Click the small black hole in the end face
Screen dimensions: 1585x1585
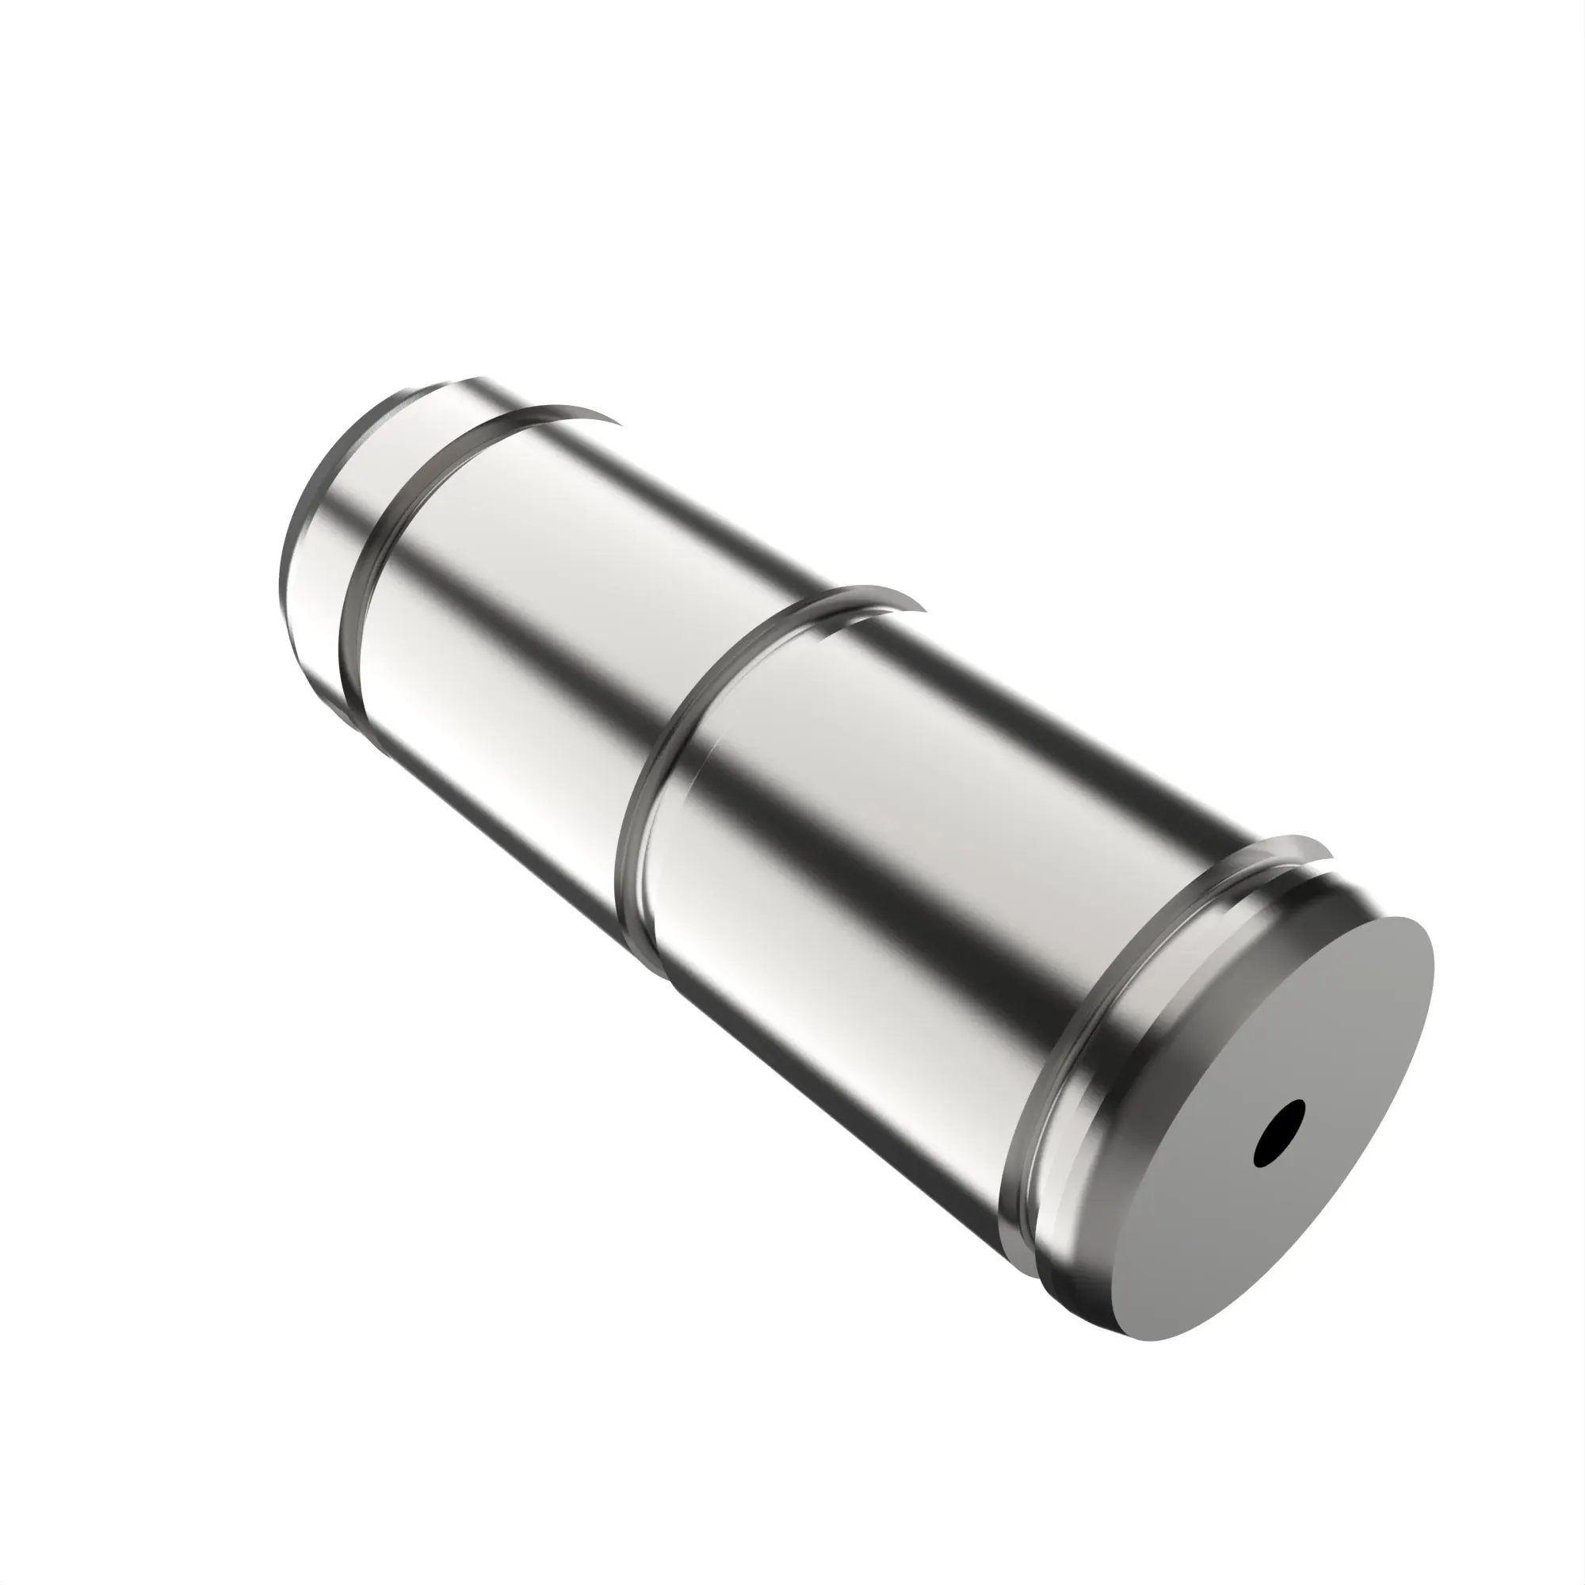[1279, 1135]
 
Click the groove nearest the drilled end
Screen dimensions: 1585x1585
[1058, 1067]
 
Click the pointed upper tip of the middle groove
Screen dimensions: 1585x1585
[922, 609]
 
